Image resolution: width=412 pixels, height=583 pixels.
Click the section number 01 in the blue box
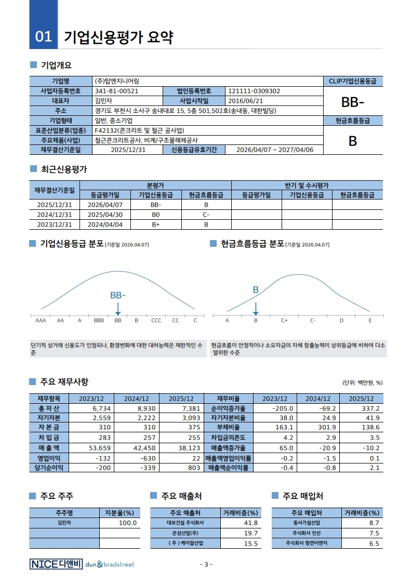pyautogui.click(x=44, y=36)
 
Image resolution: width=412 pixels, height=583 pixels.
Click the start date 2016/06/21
pyautogui.click(x=246, y=101)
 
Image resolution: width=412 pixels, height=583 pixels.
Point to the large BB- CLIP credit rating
pyautogui.click(x=352, y=101)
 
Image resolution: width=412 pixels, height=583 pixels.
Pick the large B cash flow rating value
pyautogui.click(x=352, y=141)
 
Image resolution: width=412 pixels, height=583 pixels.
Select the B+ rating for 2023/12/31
pyautogui.click(x=155, y=224)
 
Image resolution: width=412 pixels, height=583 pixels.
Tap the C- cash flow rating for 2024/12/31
pyautogui.click(x=206, y=215)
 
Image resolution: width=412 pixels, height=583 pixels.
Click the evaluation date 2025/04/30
pyautogui.click(x=105, y=215)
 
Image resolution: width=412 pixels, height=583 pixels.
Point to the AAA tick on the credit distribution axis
pyautogui.click(x=41, y=320)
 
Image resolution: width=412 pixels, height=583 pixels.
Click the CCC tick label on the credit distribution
pyautogui.click(x=156, y=320)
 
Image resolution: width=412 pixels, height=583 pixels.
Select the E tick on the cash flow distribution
pyautogui.click(x=370, y=320)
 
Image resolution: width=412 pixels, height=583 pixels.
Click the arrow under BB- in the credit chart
pyautogui.click(x=118, y=309)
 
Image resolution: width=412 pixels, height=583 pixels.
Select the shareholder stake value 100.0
pyautogui.click(x=128, y=523)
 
